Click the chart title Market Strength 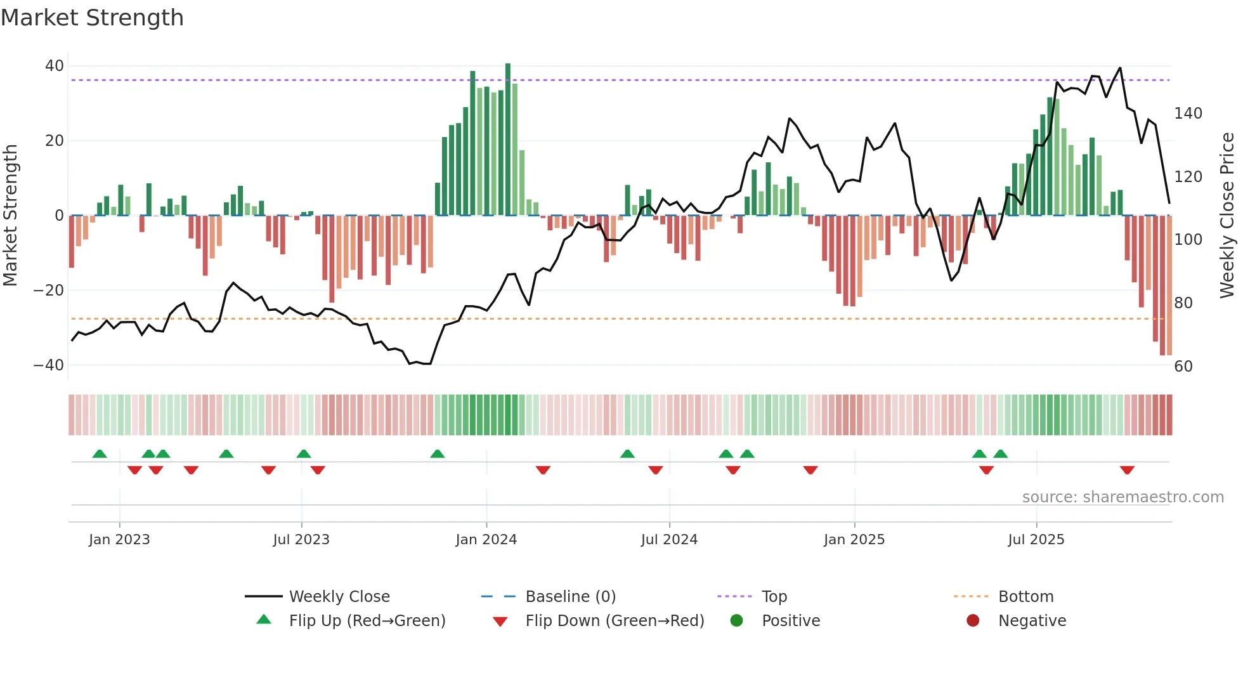[x=92, y=18]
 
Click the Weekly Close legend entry [x=339, y=596]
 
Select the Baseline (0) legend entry [x=570, y=596]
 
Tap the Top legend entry [x=774, y=596]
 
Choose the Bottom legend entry [x=1025, y=596]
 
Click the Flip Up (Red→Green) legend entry [x=367, y=620]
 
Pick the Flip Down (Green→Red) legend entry [x=614, y=620]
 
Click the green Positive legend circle [x=736, y=620]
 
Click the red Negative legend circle [x=973, y=620]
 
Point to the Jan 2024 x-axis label [x=486, y=540]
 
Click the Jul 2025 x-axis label [x=1036, y=540]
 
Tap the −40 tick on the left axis [x=49, y=365]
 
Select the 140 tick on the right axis [x=1188, y=114]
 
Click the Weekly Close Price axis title [x=1227, y=216]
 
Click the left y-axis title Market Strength [x=11, y=216]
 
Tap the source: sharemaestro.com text [x=1123, y=497]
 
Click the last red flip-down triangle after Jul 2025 [x=1127, y=470]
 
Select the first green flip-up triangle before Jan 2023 [x=100, y=454]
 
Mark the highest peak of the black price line [x=1120, y=68]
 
